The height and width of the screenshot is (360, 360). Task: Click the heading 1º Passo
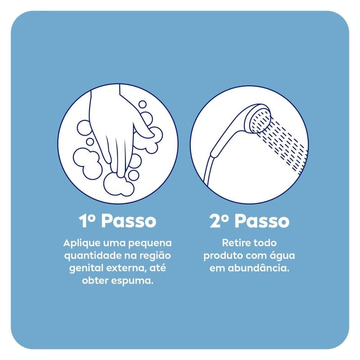pyautogui.click(x=117, y=221)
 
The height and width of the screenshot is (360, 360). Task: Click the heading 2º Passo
pyautogui.click(x=249, y=221)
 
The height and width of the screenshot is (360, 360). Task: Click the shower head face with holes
pyautogui.click(x=261, y=121)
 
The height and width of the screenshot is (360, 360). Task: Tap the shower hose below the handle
pyautogui.click(x=209, y=171)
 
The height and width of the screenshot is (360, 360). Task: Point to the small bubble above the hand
pyautogui.click(x=142, y=104)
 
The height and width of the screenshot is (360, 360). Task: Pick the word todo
pyautogui.click(x=265, y=243)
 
